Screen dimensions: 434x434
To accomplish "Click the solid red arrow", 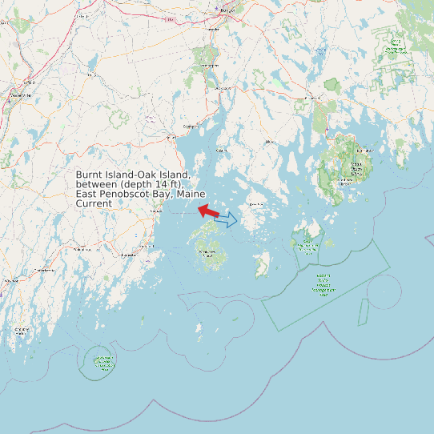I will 208,211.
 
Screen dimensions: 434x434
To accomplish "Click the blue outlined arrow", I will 226,219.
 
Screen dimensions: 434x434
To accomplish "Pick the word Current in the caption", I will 94,203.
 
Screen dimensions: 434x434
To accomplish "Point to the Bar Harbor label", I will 365,150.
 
